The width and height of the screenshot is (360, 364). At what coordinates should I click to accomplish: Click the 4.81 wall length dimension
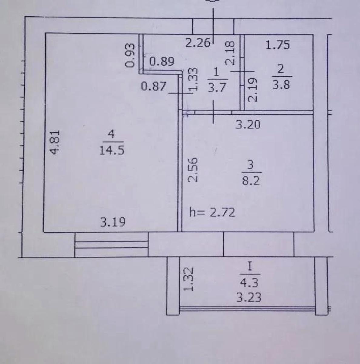pyautogui.click(x=56, y=142)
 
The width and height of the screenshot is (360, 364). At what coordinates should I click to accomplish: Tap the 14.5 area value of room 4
pyautogui.click(x=112, y=150)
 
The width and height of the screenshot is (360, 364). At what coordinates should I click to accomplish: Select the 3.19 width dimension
pyautogui.click(x=113, y=222)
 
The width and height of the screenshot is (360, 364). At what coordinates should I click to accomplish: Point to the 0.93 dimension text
pyautogui.click(x=130, y=55)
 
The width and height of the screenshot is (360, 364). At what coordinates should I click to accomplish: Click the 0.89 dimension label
pyautogui.click(x=162, y=61)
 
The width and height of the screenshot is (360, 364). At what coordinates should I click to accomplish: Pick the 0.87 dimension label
pyautogui.click(x=154, y=86)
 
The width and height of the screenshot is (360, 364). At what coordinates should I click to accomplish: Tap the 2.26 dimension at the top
pyautogui.click(x=198, y=43)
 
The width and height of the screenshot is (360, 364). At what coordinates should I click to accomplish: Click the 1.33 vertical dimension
pyautogui.click(x=194, y=81)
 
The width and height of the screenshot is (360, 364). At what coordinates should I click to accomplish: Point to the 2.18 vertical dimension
pyautogui.click(x=230, y=53)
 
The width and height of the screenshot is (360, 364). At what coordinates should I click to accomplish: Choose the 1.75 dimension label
pyautogui.click(x=278, y=45)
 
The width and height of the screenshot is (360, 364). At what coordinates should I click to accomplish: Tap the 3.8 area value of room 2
pyautogui.click(x=281, y=85)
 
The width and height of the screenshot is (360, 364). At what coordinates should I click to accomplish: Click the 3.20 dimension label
pyautogui.click(x=248, y=125)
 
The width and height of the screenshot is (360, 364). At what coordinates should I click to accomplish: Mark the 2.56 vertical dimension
pyautogui.click(x=193, y=170)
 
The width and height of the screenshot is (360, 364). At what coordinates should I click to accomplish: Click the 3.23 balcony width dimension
pyautogui.click(x=249, y=297)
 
